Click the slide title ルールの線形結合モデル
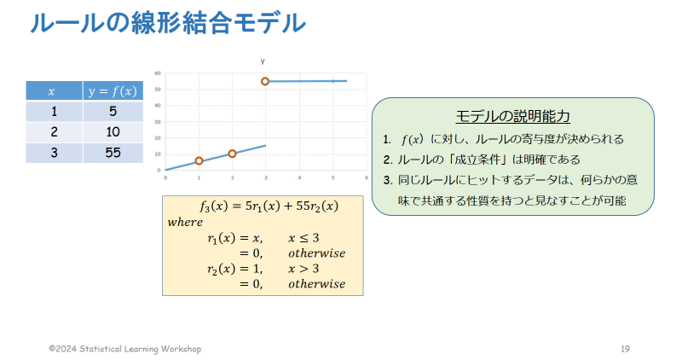[168, 23]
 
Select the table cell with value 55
[113, 153]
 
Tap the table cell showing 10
[113, 132]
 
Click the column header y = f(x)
[113, 91]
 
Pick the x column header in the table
[54, 91]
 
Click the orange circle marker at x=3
[265, 81]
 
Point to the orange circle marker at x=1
[199, 161]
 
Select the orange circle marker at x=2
[232, 154]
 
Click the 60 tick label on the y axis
[158, 73]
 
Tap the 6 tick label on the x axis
[367, 177]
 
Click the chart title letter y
[263, 61]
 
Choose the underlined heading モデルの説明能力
[513, 116]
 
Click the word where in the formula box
[185, 222]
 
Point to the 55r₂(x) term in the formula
[317, 206]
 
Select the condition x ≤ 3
[303, 238]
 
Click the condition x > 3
[303, 269]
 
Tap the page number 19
[625, 349]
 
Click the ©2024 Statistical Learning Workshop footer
[125, 349]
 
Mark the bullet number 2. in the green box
[388, 160]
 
